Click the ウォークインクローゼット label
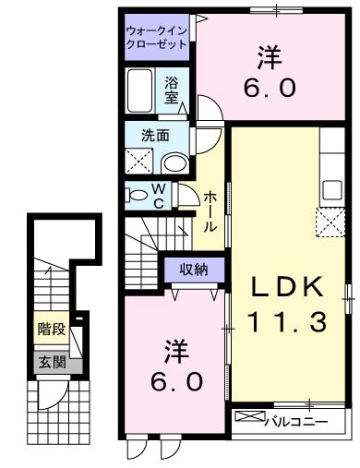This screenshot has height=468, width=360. point(158,36)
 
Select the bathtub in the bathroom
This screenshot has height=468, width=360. point(142,93)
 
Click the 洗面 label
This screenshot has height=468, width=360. point(154,135)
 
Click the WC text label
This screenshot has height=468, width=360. point(159,196)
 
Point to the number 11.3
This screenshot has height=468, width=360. point(287,323)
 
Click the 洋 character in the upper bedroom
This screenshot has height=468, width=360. point(270,58)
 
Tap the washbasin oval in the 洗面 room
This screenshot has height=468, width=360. point(172,162)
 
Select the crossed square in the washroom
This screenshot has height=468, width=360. point(141,162)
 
